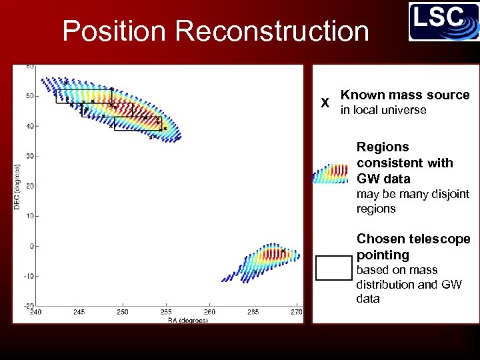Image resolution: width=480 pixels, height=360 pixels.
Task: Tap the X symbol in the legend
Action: coord(325,103)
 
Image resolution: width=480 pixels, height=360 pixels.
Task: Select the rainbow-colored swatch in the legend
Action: coord(331,173)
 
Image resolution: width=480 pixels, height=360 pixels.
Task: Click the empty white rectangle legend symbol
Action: coord(333,267)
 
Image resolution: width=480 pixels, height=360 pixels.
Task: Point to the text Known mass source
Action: coord(405,95)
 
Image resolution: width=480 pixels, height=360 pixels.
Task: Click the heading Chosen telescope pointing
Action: coord(413,247)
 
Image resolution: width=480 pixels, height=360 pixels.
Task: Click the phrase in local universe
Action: coord(383,110)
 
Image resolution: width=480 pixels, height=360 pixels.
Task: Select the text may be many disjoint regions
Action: coord(413,201)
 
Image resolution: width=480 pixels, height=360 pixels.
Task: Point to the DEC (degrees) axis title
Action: coord(17,188)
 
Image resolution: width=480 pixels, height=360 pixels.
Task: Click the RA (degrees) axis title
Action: coord(187,321)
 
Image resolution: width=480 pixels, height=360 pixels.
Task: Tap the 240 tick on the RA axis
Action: coord(35,312)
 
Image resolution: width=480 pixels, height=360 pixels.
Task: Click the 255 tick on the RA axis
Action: coord(166,312)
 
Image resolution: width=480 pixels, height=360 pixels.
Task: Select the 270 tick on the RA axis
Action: coord(296,312)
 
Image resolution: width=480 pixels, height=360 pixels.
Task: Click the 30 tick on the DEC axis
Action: coord(30,156)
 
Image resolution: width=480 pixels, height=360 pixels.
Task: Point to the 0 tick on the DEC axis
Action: coord(31,246)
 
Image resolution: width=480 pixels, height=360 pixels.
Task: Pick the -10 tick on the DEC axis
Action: coord(29,276)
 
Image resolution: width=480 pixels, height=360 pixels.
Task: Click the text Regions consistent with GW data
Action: coord(404,163)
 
